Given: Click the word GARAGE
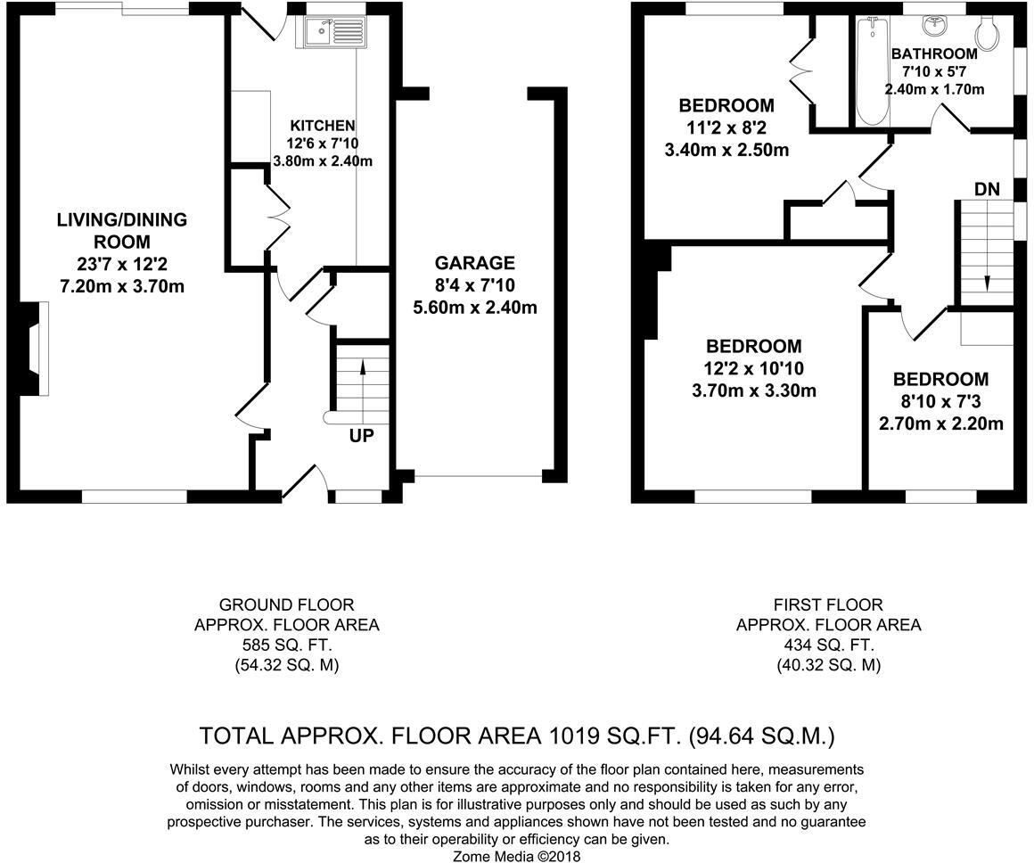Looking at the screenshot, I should [474, 263].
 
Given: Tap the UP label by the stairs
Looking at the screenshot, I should [362, 436].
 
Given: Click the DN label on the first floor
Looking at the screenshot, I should [987, 189].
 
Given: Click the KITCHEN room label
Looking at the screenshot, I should [323, 126].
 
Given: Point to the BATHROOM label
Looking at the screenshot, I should [934, 53].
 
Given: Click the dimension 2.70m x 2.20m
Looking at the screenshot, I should [940, 423].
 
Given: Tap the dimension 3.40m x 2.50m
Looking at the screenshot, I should [726, 150].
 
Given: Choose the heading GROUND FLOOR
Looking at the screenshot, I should [286, 604].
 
